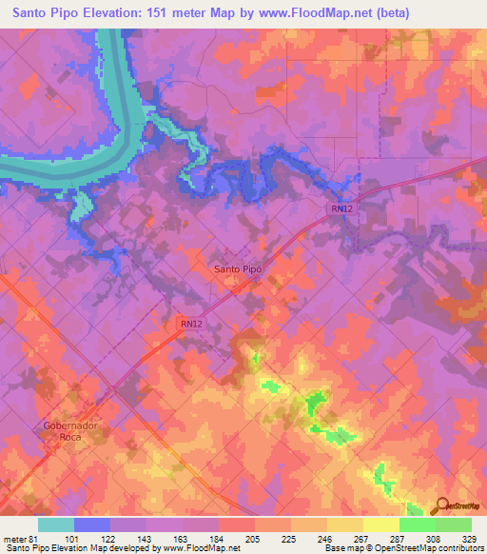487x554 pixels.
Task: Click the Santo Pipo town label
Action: click(x=238, y=268)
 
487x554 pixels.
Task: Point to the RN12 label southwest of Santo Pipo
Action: click(x=190, y=324)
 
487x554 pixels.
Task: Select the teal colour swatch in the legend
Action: click(x=55, y=524)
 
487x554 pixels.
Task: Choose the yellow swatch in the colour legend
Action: click(x=381, y=524)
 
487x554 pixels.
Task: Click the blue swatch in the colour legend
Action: click(x=91, y=524)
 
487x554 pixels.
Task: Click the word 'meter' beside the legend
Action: click(x=17, y=539)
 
